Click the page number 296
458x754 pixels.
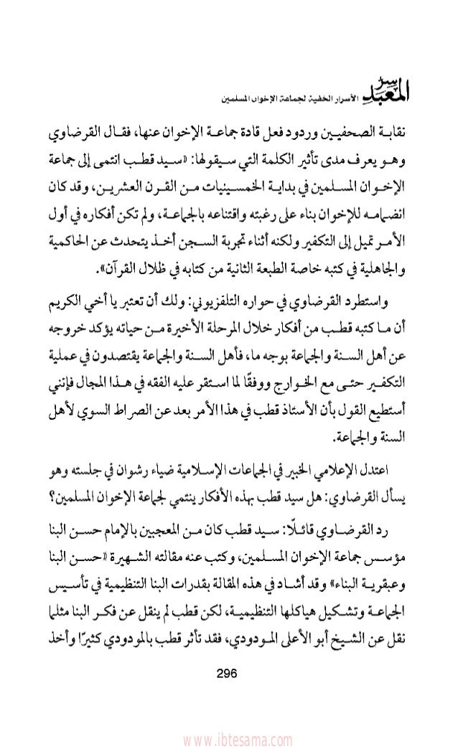click(x=231, y=674)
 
